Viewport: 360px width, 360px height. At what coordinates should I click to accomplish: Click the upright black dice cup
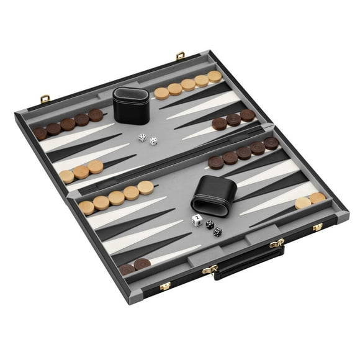click(130, 101)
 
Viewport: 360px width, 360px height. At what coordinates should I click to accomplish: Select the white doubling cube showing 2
click(197, 220)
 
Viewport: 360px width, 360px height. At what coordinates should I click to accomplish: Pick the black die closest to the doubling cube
click(210, 224)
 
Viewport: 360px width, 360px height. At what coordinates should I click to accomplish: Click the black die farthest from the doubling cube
click(217, 232)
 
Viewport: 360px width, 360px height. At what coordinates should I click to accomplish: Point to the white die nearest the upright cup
click(142, 137)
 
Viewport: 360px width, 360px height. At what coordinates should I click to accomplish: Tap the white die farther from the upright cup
click(153, 141)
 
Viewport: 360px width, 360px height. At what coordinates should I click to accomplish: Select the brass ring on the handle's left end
click(214, 269)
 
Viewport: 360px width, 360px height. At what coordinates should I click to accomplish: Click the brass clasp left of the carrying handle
click(166, 286)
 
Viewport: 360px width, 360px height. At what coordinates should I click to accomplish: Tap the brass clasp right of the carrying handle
click(317, 227)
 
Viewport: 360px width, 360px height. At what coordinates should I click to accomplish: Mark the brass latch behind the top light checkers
click(180, 56)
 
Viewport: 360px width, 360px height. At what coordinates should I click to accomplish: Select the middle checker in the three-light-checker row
click(81, 171)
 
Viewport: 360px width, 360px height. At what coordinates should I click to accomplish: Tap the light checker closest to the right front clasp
click(318, 198)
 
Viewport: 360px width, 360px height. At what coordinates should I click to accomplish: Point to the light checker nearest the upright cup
click(161, 93)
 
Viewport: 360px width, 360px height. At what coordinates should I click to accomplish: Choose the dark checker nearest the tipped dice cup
click(215, 163)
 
